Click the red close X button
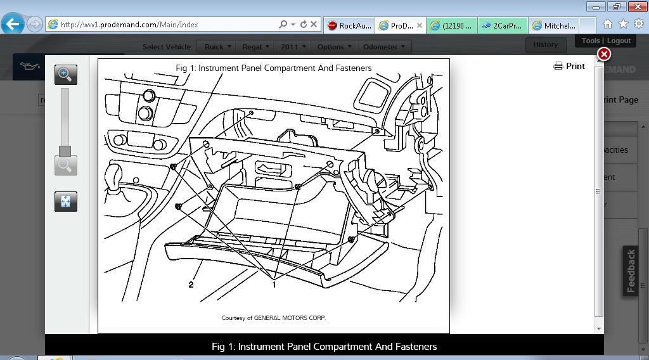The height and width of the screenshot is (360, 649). pyautogui.click(x=604, y=55)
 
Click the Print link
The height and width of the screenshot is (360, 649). pyautogui.click(x=569, y=66)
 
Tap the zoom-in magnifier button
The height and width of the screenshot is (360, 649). pyautogui.click(x=65, y=74)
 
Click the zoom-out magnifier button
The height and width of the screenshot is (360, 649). pyautogui.click(x=65, y=165)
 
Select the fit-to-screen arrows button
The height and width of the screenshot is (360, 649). pyautogui.click(x=65, y=202)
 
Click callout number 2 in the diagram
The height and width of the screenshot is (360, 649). pyautogui.click(x=191, y=285)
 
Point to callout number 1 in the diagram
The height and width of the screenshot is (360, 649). pyautogui.click(x=274, y=285)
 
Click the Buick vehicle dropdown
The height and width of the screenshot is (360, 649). pyautogui.click(x=217, y=47)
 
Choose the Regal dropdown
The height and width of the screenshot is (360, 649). pyautogui.click(x=255, y=47)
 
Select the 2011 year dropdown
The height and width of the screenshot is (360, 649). pyautogui.click(x=292, y=47)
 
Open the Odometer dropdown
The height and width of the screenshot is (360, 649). pyautogui.click(x=383, y=47)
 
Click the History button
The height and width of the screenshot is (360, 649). pyautogui.click(x=545, y=44)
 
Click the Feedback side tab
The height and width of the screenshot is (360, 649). pyautogui.click(x=631, y=271)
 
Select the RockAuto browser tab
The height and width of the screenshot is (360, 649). pyautogui.click(x=349, y=25)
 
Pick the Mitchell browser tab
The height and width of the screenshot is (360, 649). pyautogui.click(x=555, y=25)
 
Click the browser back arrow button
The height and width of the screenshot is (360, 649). pyautogui.click(x=13, y=25)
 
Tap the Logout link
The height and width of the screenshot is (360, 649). pyautogui.click(x=619, y=41)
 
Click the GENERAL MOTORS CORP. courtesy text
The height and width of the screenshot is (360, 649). pyautogui.click(x=274, y=318)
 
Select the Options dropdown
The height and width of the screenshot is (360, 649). pyautogui.click(x=333, y=47)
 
